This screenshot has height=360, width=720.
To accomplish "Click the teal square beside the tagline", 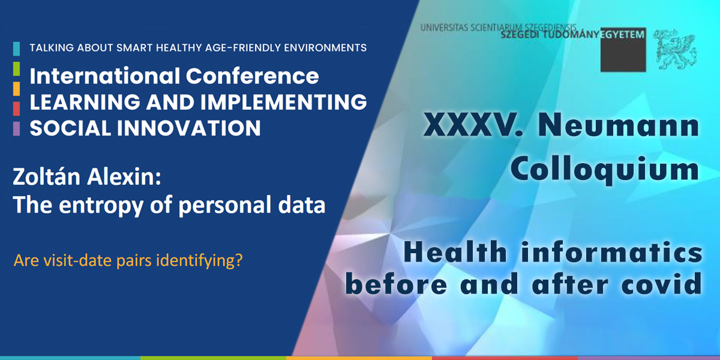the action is (16, 49).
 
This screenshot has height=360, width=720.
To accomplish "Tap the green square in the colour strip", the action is (16, 69).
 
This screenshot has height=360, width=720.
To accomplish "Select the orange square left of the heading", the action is (16, 89).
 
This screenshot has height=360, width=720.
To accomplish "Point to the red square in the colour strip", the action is (16, 109).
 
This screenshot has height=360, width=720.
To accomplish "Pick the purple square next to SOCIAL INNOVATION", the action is (16, 128).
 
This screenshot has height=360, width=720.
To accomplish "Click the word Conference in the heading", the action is (253, 76).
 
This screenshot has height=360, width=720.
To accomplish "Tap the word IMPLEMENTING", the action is (283, 102).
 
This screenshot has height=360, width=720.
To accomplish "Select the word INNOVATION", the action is (188, 128).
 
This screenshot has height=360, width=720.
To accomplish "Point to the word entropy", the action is (101, 206).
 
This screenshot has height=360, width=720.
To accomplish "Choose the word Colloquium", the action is (605, 169).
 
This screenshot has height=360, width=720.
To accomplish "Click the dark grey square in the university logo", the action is (623, 50).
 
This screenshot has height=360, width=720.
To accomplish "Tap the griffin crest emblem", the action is (675, 49).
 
